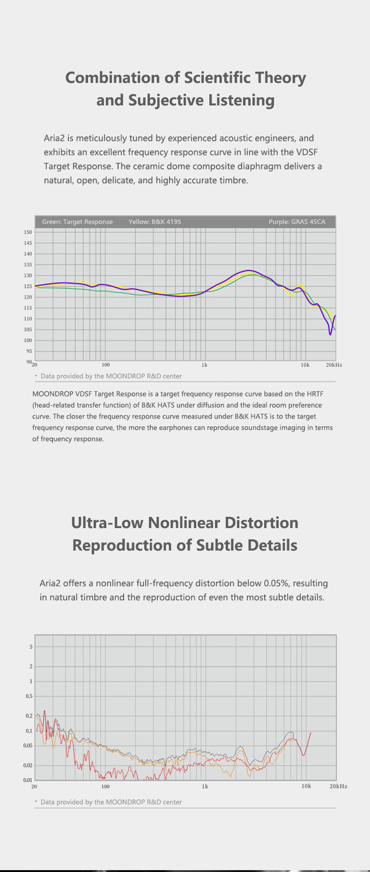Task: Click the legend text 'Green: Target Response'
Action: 77,222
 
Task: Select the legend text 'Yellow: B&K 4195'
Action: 155,222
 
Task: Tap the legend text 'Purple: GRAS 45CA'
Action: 297,222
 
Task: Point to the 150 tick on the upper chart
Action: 28,232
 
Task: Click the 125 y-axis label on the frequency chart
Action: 28,286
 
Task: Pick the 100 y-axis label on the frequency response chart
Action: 28,340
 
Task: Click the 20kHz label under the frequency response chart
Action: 334,365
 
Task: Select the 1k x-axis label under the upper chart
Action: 204,365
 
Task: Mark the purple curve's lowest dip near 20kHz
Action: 330,335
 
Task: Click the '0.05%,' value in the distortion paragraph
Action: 276,583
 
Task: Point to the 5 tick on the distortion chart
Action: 31,647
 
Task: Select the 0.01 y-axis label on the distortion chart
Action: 29,780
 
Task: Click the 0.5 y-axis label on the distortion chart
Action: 29,696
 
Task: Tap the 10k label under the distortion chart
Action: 306,786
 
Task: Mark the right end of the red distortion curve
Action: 311,732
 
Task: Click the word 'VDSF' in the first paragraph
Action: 307,152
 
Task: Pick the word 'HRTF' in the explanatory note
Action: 315,394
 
